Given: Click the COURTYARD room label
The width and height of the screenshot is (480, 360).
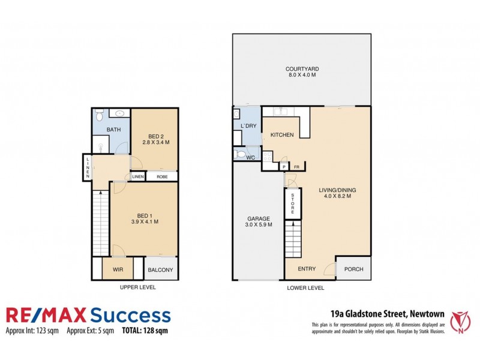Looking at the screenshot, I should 301,69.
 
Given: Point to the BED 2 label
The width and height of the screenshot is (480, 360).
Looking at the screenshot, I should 154,135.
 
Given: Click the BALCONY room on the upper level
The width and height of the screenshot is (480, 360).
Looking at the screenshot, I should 161,270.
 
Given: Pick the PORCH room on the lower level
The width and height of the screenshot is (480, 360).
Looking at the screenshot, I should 353,269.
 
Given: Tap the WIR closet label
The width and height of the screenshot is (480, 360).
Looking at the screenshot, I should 118,270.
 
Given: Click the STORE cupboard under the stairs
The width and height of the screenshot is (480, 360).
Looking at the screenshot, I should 292,204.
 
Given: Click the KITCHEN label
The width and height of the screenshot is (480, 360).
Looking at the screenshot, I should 281,135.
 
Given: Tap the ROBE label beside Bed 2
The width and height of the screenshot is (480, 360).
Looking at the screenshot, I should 162,176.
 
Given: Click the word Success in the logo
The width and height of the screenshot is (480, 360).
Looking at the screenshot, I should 129,315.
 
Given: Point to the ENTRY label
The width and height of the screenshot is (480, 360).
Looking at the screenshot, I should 307,269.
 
